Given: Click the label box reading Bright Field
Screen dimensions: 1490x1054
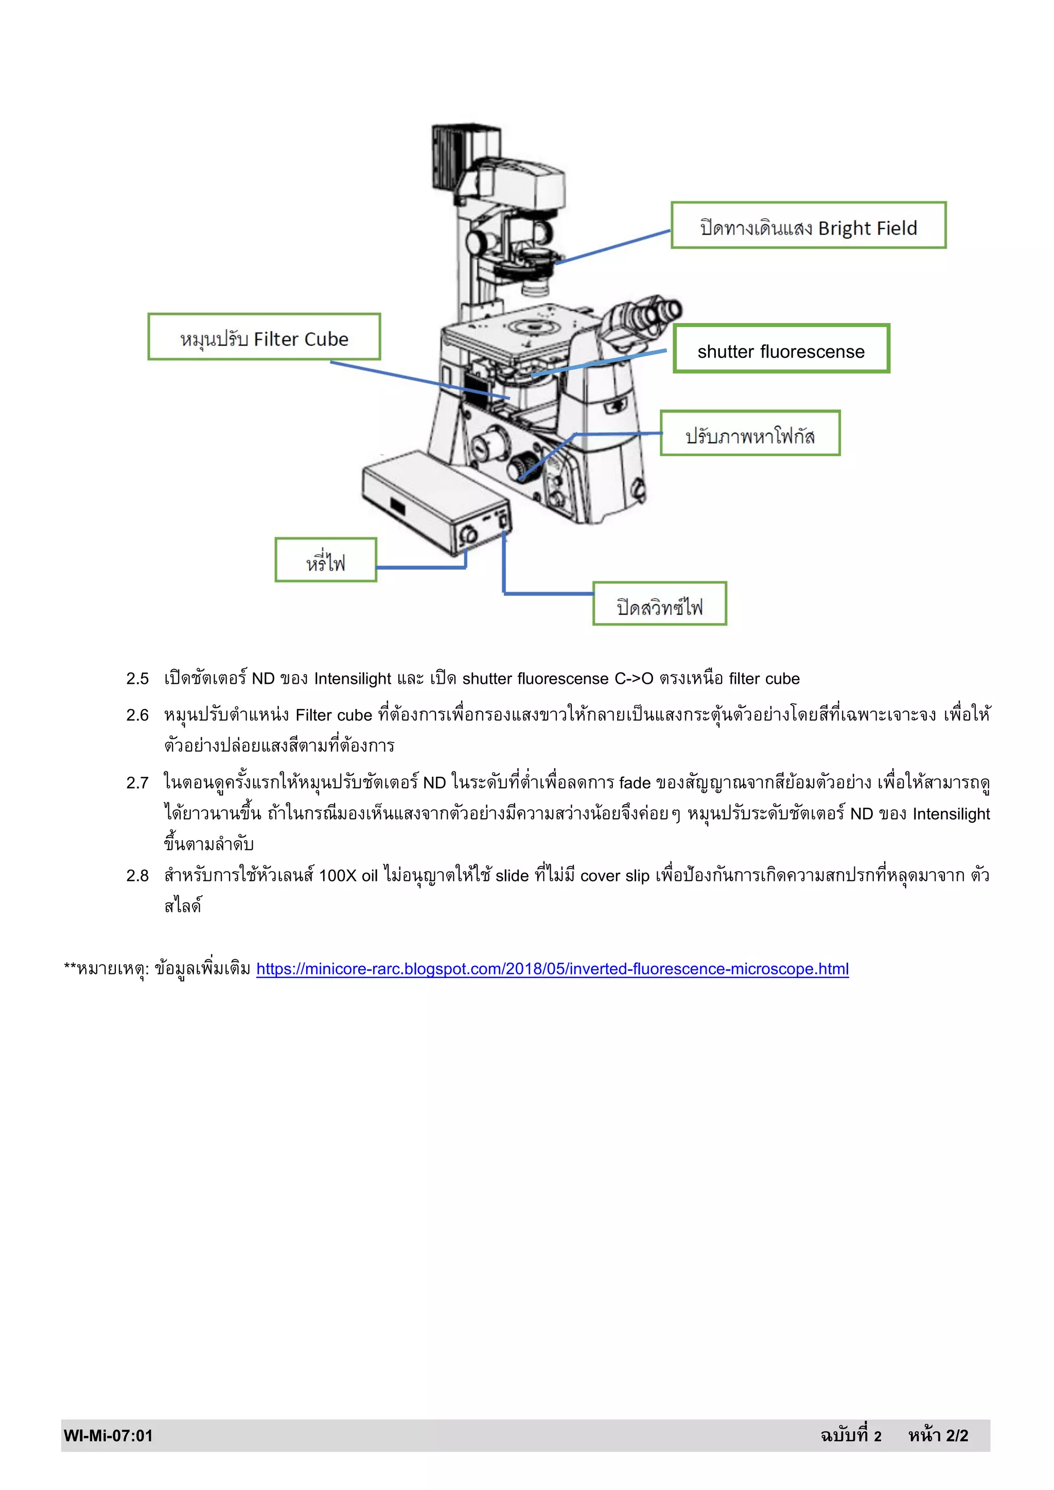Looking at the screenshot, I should click(x=808, y=225).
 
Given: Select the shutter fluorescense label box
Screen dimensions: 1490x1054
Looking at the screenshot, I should click(x=781, y=349).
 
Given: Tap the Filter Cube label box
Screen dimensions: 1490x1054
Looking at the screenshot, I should click(x=263, y=337).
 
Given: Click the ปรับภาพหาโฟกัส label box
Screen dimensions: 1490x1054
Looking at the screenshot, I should click(x=750, y=434).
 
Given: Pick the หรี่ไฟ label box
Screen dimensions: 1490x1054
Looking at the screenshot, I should click(x=325, y=560).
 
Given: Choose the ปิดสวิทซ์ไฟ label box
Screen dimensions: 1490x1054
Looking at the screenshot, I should click(x=659, y=604).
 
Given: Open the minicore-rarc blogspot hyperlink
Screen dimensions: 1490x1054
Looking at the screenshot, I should click(x=552, y=969).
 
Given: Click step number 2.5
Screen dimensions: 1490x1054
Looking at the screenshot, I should click(x=137, y=679).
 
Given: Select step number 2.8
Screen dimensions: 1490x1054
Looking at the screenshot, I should click(x=137, y=876).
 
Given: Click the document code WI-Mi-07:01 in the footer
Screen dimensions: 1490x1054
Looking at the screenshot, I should click(x=108, y=1435).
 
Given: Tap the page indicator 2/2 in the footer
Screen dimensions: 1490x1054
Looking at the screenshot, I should click(x=957, y=1435).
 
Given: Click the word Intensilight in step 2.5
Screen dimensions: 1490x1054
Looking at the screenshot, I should click(x=353, y=679).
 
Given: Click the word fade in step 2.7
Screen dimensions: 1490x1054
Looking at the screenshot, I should click(x=634, y=783).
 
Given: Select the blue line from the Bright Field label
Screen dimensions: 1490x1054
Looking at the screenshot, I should click(x=613, y=246).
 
